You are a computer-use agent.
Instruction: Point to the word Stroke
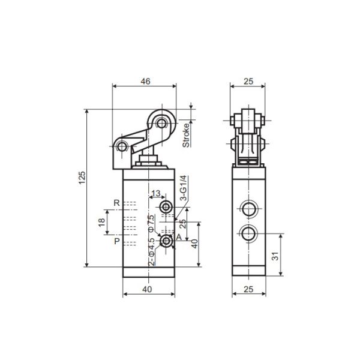tap(186, 134)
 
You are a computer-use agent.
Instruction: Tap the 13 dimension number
tap(155, 193)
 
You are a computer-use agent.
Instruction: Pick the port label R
tap(117, 203)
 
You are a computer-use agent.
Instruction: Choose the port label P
tap(117, 241)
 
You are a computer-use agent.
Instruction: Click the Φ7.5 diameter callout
tap(152, 223)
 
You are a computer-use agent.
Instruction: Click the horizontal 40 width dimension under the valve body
tap(148, 289)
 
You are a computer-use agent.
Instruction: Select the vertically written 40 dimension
tap(194, 244)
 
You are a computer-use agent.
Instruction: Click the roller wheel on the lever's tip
tap(161, 123)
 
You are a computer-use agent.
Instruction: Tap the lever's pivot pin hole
tap(122, 148)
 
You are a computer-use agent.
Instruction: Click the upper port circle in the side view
tap(247, 209)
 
